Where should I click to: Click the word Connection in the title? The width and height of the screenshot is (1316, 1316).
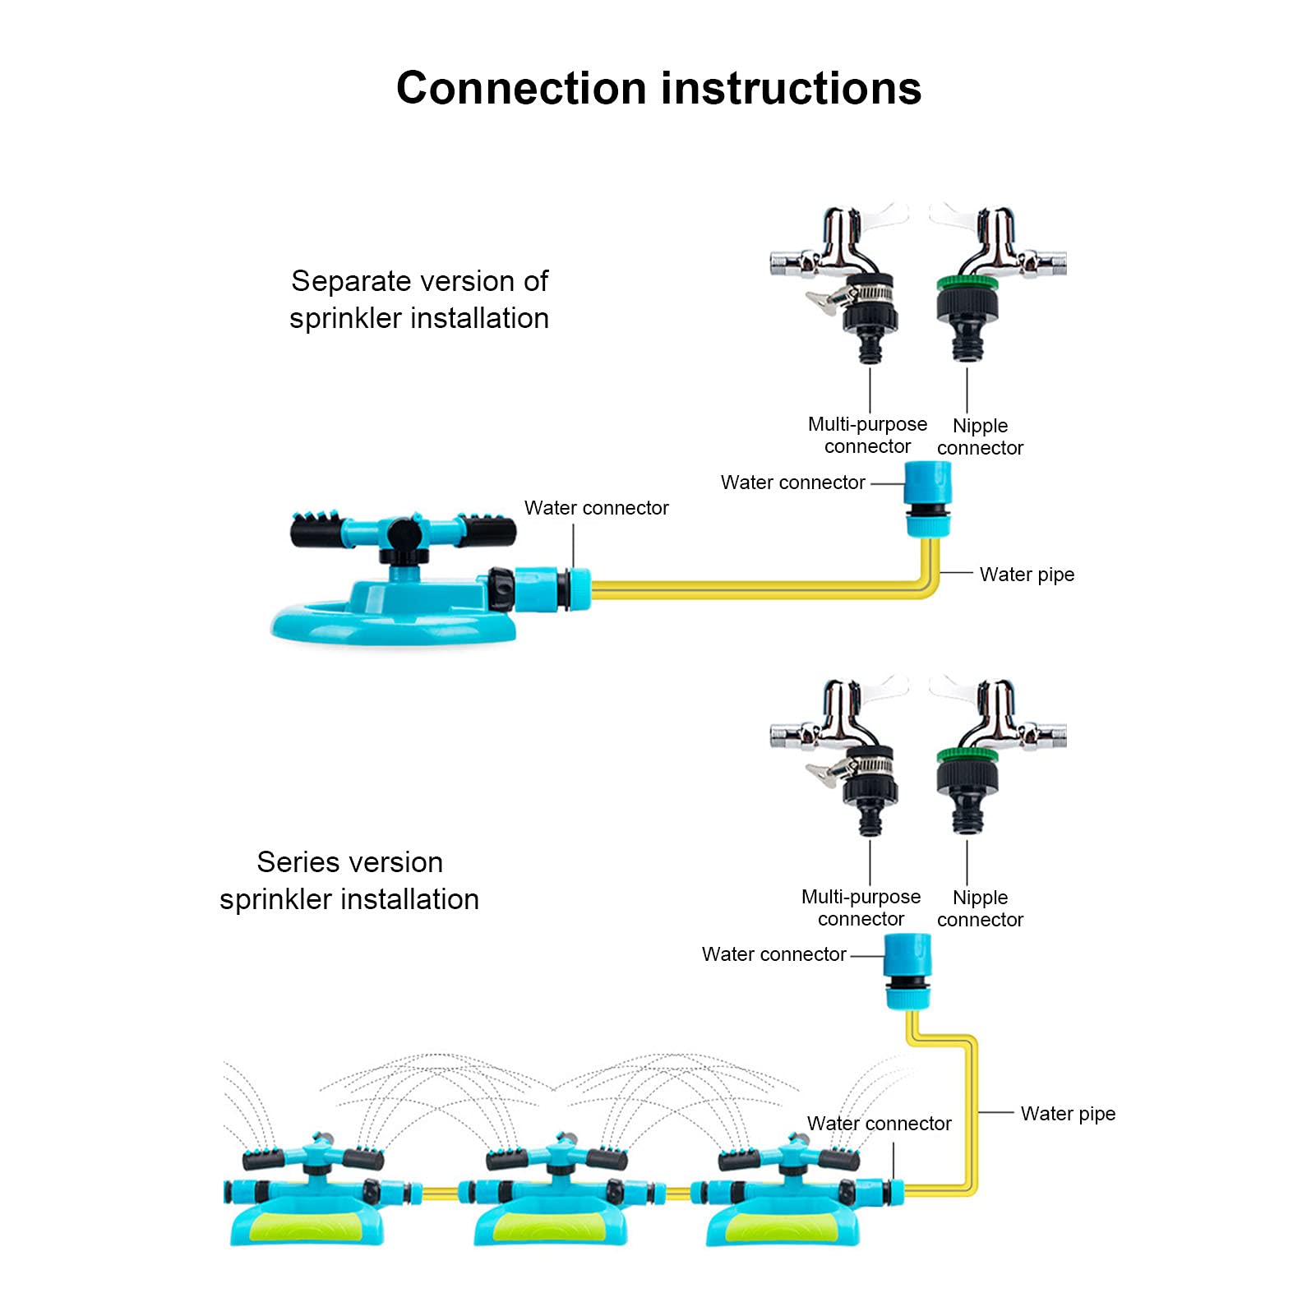pos(521,88)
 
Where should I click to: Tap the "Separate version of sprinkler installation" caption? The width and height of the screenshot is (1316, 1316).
pos(419,299)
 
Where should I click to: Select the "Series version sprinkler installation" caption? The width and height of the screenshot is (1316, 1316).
pos(349,880)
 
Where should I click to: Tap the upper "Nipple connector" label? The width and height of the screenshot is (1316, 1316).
pos(980,436)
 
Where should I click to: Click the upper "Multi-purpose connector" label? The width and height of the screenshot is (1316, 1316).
pos(867,435)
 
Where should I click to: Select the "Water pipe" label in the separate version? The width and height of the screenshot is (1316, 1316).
pos(1027,575)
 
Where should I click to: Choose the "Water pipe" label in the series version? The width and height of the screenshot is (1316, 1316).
pos(1068,1114)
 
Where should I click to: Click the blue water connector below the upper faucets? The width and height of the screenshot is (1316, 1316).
pos(928,499)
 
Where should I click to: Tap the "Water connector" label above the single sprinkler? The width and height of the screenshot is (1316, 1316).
pos(596,508)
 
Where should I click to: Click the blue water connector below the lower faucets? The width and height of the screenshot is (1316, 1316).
pos(908,972)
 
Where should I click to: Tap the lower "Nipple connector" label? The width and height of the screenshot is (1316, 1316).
pos(980,908)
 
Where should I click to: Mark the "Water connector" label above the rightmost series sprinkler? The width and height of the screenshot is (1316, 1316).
pos(879,1124)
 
